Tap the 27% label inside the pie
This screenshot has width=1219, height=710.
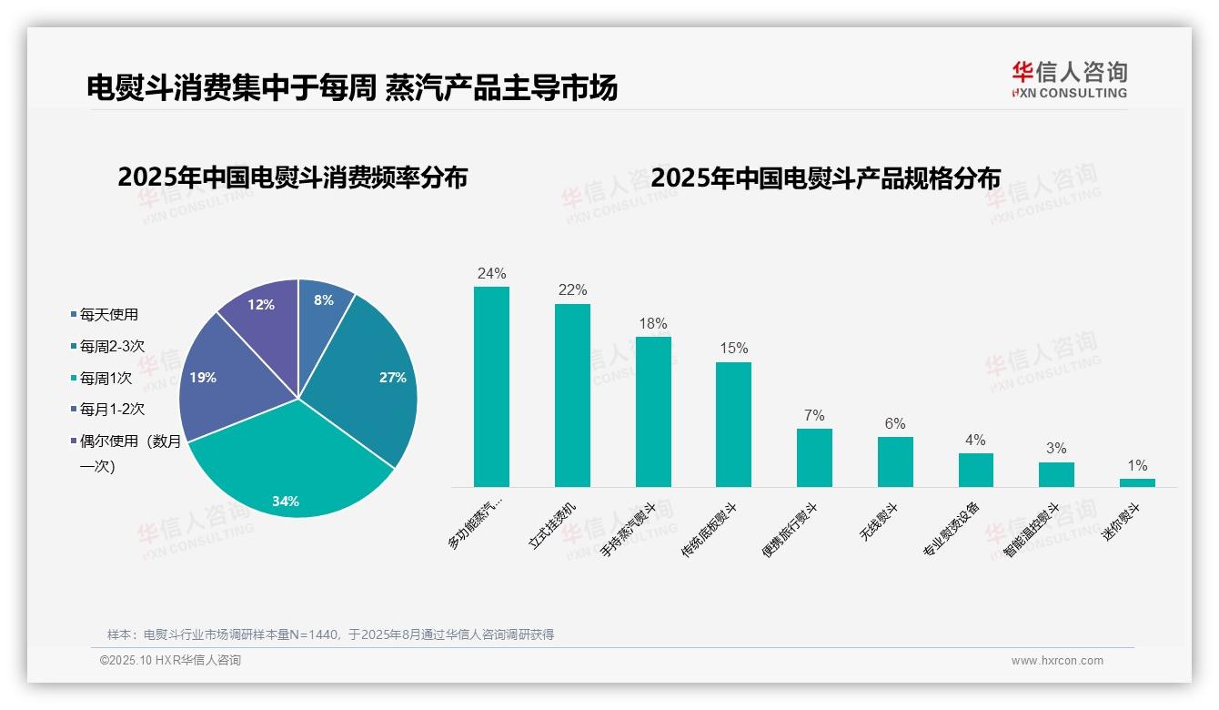click(392, 378)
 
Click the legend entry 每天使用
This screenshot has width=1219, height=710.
click(108, 315)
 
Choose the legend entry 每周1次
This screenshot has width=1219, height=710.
click(106, 378)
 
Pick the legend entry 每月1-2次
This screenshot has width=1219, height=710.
click(112, 410)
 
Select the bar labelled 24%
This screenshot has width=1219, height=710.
click(491, 387)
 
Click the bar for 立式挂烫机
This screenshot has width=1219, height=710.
click(572, 395)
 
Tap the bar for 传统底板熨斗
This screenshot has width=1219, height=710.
click(733, 424)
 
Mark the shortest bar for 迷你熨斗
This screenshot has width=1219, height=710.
click(1137, 482)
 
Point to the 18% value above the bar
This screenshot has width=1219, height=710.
click(653, 323)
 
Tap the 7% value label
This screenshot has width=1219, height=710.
click(814, 415)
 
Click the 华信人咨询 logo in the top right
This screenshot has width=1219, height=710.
click(1069, 79)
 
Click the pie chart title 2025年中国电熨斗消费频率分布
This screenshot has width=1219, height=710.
click(292, 177)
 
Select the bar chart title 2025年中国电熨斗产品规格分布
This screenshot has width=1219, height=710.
click(825, 177)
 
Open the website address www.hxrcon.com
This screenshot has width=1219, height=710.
click(1056, 661)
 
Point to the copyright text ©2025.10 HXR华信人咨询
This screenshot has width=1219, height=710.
click(170, 661)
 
